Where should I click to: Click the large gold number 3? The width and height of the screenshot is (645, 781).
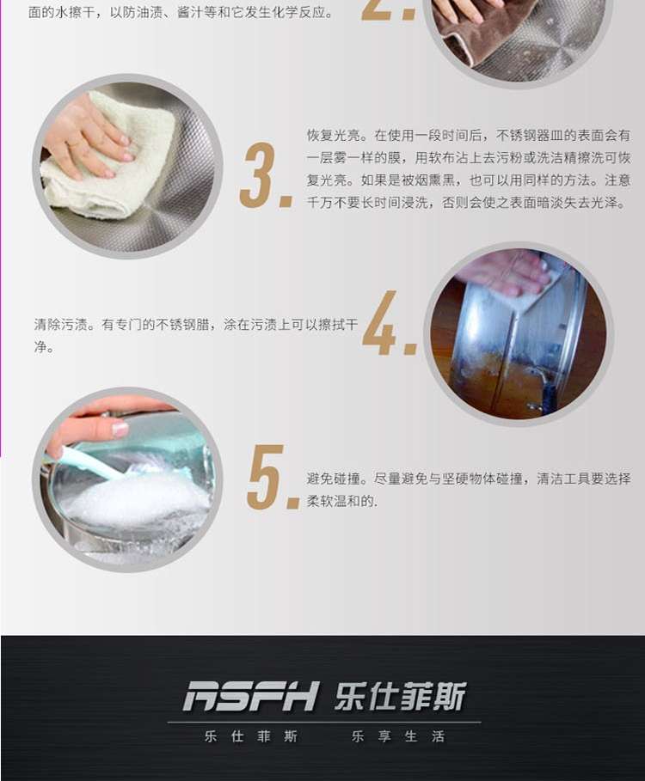point(259,174)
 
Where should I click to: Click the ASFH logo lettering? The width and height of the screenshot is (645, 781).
point(251,696)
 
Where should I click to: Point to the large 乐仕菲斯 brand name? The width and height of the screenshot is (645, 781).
point(400,696)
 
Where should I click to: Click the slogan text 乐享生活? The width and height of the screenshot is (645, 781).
point(398,736)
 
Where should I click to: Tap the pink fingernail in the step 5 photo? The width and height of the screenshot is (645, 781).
point(120,429)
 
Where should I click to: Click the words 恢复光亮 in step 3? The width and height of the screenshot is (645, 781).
point(333,136)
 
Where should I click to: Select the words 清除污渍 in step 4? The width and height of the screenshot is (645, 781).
point(61,325)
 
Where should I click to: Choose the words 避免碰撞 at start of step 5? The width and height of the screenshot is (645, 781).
point(333,479)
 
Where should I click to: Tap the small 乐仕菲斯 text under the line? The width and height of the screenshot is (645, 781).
point(251,736)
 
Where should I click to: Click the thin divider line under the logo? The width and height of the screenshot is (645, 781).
point(324,722)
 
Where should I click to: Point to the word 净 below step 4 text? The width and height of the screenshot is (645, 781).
point(40,347)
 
